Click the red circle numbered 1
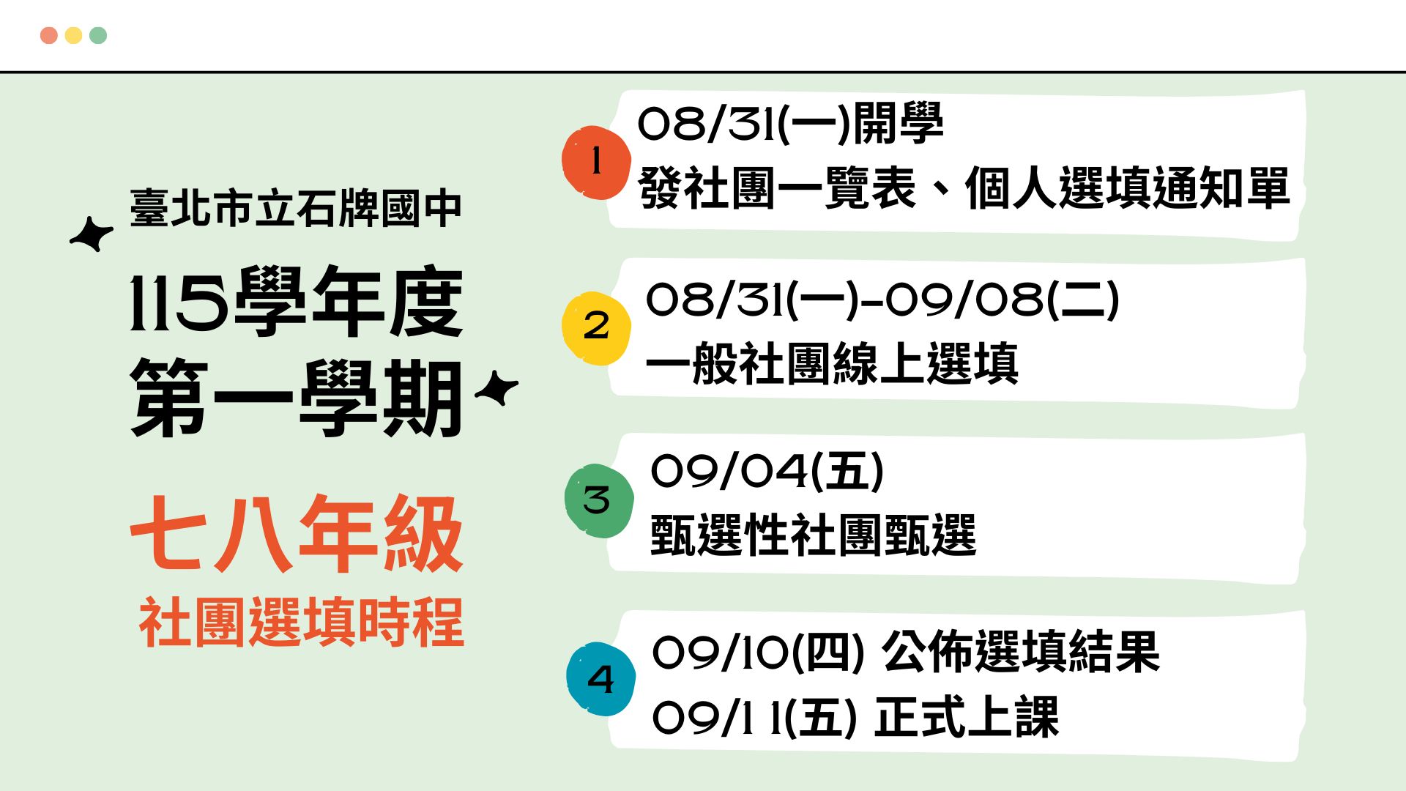(596, 163)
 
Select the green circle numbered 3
(598, 501)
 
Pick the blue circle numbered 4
(600, 679)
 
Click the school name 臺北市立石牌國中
(296, 208)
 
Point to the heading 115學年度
(297, 301)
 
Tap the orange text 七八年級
(297, 533)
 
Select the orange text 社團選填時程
(301, 622)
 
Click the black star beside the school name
(92, 234)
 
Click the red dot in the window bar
(49, 35)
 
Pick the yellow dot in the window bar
(73, 35)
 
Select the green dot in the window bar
(98, 35)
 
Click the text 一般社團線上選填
(832, 363)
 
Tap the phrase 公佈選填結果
(1021, 651)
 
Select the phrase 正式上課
(967, 716)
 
